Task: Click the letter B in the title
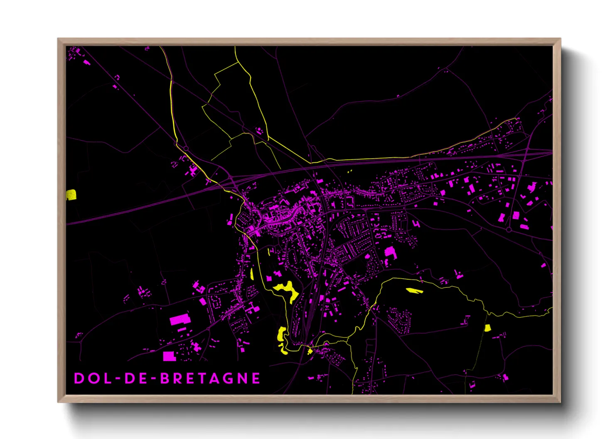[165, 378]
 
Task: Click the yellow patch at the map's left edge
[71, 195]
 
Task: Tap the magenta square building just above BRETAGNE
[168, 356]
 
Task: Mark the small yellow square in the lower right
[487, 328]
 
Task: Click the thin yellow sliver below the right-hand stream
[414, 290]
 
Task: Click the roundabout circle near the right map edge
[509, 229]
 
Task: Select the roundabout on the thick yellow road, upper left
[186, 149]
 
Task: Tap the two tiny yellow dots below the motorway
[349, 171]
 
